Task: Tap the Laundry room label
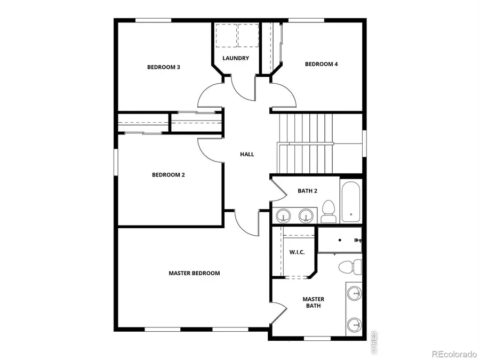[236, 58]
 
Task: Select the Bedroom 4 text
[321, 64]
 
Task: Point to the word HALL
[247, 154]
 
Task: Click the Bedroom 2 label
[168, 175]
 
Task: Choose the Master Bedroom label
[194, 273]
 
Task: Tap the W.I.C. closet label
[297, 252]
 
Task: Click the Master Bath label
[313, 302]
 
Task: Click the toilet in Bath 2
[328, 212]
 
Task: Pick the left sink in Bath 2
[284, 215]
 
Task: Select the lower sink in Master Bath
[354, 324]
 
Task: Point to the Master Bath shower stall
[340, 240]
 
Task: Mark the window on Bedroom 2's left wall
[116, 163]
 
